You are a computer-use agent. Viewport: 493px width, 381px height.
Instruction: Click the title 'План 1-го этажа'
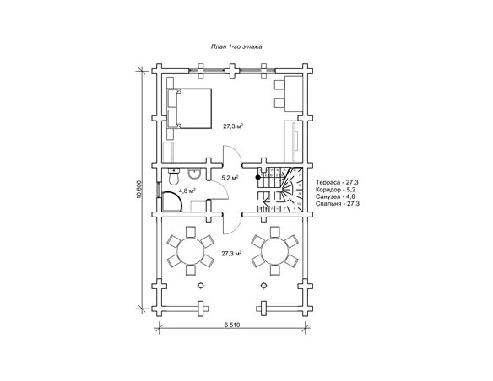(236, 46)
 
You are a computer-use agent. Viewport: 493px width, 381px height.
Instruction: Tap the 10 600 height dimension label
(139, 190)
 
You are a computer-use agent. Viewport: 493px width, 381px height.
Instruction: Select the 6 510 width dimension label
(232, 325)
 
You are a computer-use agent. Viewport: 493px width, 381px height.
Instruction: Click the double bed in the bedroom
(189, 108)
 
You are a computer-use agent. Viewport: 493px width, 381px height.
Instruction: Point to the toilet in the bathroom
(174, 176)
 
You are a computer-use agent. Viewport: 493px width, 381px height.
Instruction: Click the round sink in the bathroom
(194, 174)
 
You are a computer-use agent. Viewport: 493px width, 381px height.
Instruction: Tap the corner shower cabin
(171, 201)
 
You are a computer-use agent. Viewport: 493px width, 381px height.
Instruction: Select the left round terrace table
(191, 250)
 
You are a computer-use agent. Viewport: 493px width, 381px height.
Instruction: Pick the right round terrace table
(275, 250)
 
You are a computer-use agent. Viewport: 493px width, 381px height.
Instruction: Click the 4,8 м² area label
(187, 190)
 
